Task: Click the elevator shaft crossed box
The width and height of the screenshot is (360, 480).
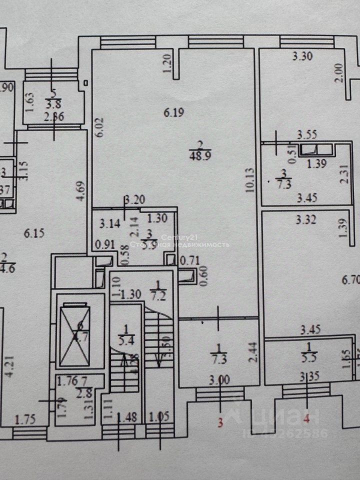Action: point(75,335)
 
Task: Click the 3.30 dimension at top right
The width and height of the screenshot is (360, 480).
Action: point(302,56)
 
